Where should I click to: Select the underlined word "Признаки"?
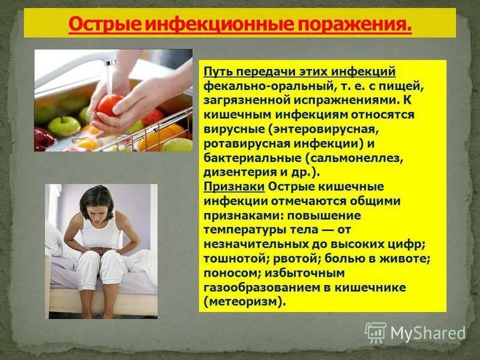(226, 187)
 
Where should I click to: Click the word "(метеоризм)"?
(242, 302)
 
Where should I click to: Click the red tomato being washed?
(110, 104)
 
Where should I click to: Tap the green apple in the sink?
(64, 126)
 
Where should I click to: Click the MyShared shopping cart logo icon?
(376, 332)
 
